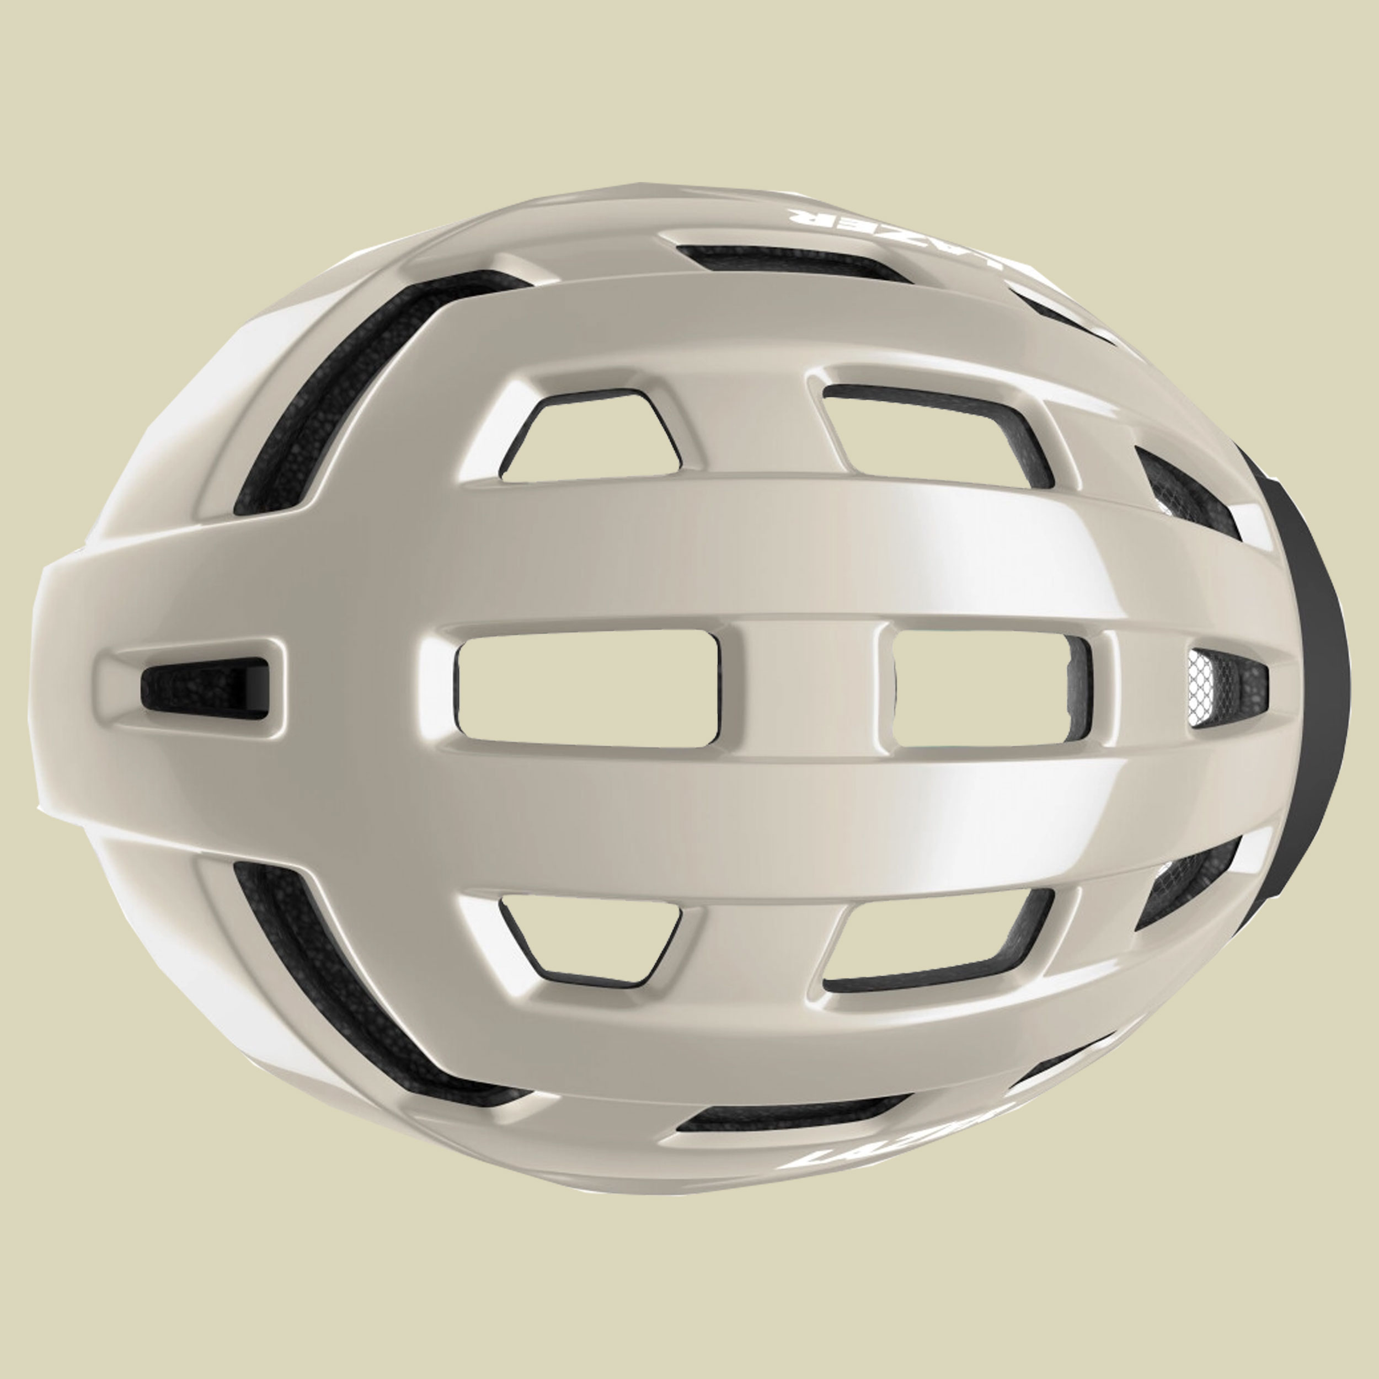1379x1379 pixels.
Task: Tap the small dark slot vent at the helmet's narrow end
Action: coord(204,686)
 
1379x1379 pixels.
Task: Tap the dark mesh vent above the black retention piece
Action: coord(1185,493)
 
